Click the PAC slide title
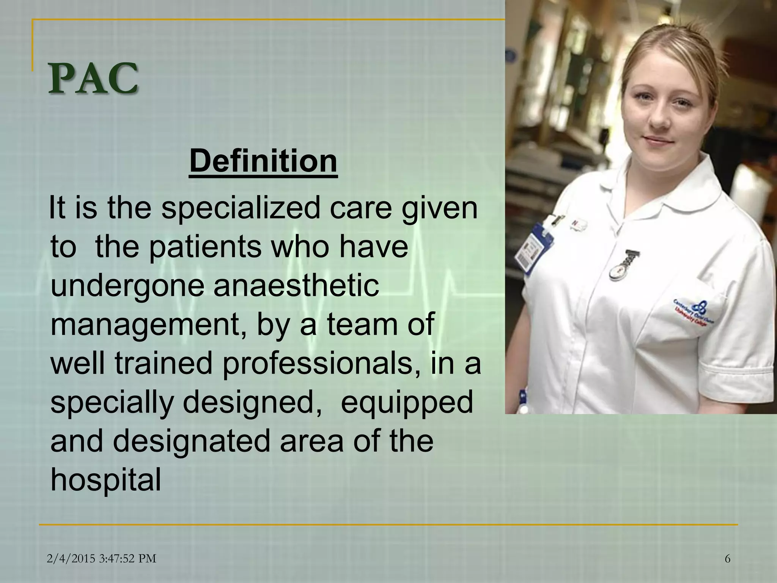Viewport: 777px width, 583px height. [93, 79]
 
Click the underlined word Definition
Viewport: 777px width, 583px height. [263, 161]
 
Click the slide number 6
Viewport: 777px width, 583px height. [727, 559]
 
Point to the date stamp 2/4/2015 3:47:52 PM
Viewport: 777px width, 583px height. [102, 559]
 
